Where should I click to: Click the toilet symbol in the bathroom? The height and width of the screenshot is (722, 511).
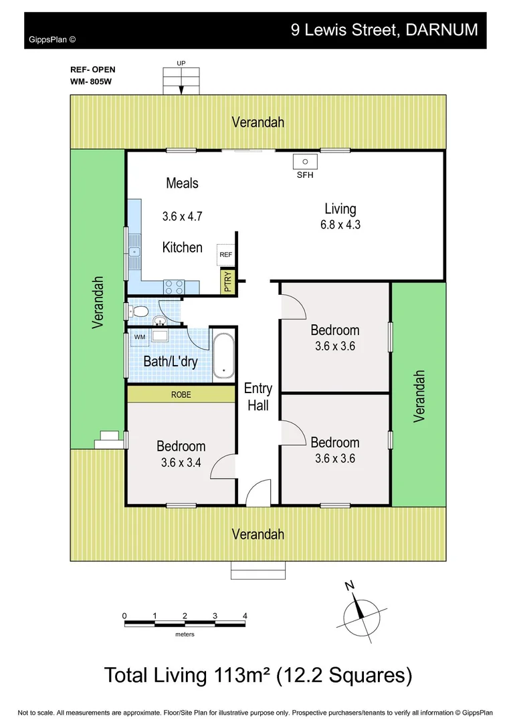tap(139, 312)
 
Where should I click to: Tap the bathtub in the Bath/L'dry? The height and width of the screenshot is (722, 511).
tap(223, 354)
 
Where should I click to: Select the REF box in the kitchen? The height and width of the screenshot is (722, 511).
tap(225, 255)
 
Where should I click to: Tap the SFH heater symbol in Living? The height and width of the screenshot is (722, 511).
tap(305, 162)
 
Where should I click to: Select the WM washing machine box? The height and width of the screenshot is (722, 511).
tap(140, 337)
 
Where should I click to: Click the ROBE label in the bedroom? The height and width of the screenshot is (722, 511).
tap(181, 395)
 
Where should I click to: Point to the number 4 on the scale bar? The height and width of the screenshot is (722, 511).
tap(245, 616)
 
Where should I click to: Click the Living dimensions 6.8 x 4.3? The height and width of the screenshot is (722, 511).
tap(340, 225)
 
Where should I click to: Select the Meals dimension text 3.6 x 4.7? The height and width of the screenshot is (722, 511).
tap(182, 217)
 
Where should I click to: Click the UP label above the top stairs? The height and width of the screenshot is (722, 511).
tap(181, 64)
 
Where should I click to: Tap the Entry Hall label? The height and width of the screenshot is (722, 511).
tap(258, 396)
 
